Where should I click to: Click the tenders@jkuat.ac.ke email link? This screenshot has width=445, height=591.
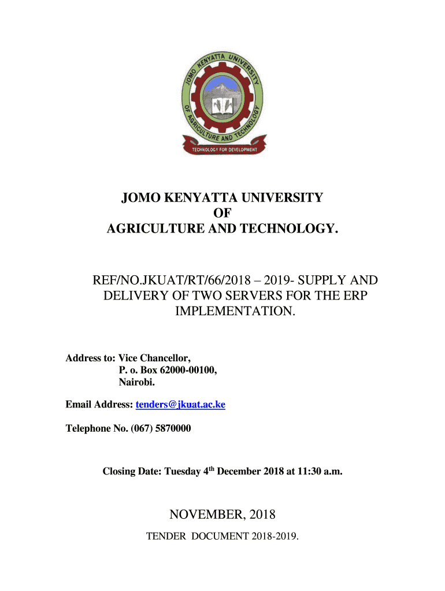click(x=180, y=405)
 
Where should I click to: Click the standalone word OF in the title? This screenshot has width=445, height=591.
click(x=222, y=214)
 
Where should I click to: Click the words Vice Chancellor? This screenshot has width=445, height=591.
click(x=155, y=358)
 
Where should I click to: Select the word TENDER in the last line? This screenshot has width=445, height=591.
click(x=166, y=536)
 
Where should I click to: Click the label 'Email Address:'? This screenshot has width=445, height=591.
click(x=99, y=405)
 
